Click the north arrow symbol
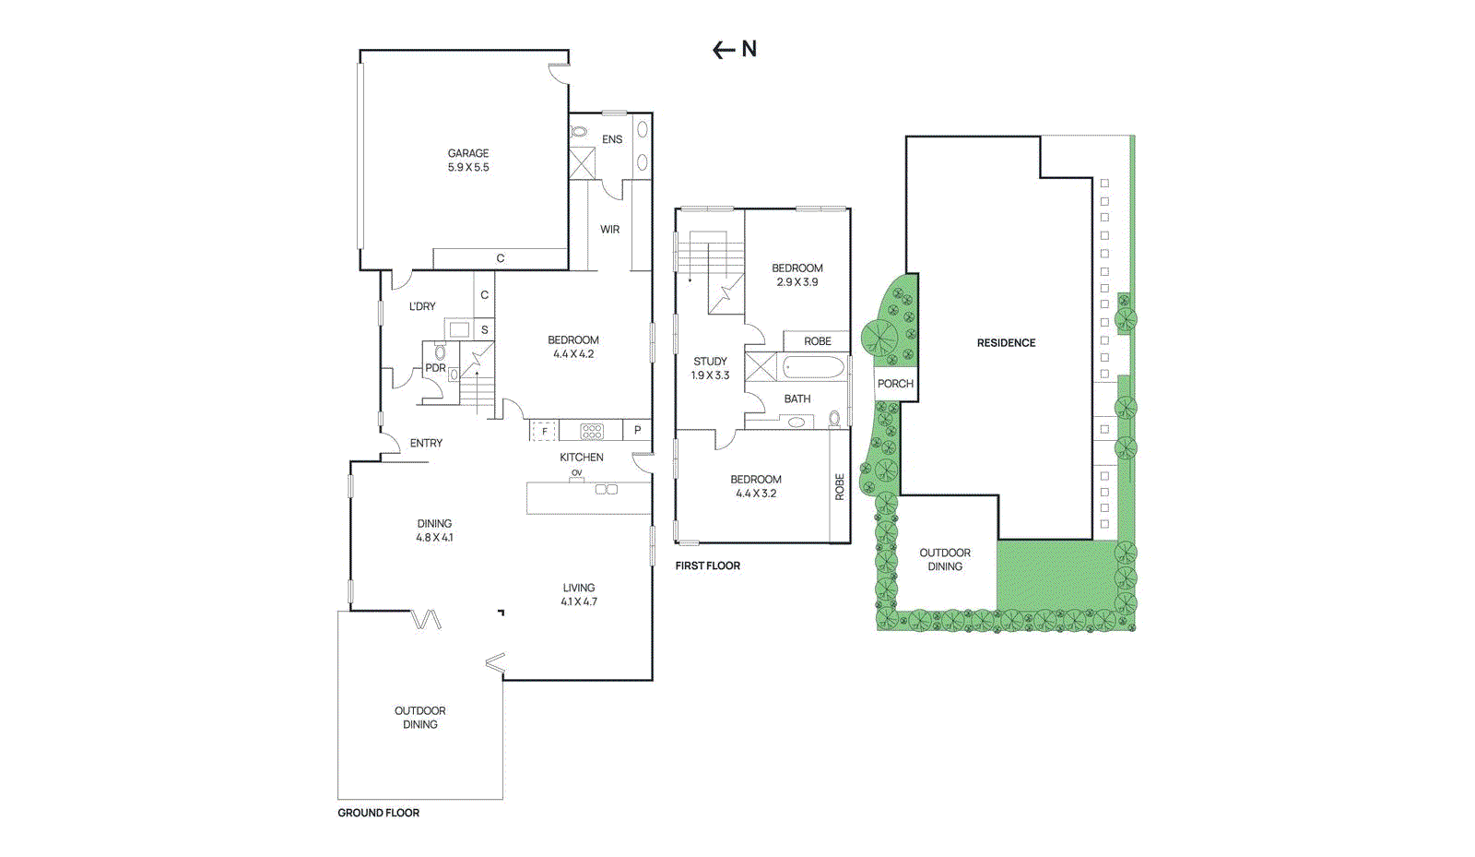tap(734, 50)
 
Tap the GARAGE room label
tap(468, 153)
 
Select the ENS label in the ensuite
tap(612, 139)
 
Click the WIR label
tap(610, 230)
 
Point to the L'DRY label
tap(422, 306)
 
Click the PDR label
tap(435, 368)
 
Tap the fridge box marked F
tap(544, 431)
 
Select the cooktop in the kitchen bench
tap(592, 430)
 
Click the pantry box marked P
tap(637, 430)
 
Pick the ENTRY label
tap(426, 443)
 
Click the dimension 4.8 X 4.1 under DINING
tap(434, 537)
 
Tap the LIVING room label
tap(579, 588)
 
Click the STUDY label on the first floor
tap(710, 362)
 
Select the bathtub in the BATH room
tap(813, 368)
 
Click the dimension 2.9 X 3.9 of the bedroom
tap(796, 282)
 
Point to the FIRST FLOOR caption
tap(707, 565)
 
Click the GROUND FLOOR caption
tap(378, 813)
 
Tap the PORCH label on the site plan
tap(895, 384)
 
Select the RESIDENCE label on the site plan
tap(1006, 343)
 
